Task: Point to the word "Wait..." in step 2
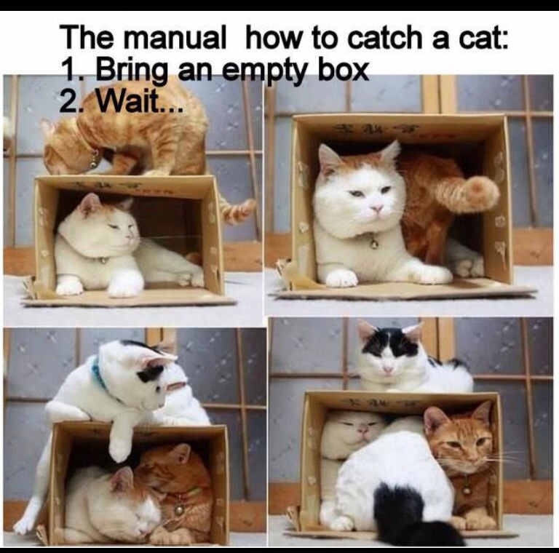(140, 102)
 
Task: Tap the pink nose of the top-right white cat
(376, 207)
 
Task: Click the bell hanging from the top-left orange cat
(93, 163)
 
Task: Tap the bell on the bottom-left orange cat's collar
(179, 510)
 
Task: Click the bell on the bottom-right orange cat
(466, 490)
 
